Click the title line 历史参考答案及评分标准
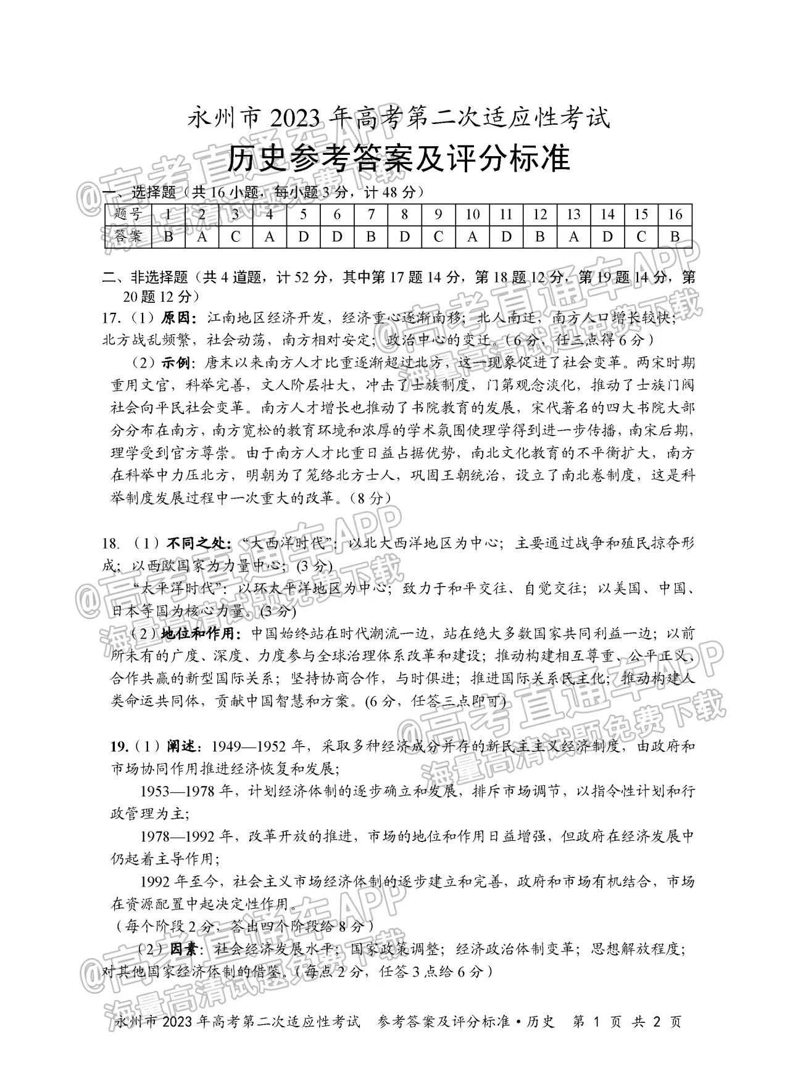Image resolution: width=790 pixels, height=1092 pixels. point(397,159)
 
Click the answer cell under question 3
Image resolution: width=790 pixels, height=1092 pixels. point(235,236)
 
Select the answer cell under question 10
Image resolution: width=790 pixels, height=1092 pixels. point(472,236)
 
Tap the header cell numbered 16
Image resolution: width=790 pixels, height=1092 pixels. point(675,215)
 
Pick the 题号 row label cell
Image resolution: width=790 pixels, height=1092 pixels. point(128,215)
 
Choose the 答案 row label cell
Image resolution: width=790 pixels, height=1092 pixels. point(128,236)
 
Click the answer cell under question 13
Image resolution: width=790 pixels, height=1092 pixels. point(573,236)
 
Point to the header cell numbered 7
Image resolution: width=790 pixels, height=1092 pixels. point(370,215)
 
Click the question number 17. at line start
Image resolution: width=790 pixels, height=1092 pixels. point(111,318)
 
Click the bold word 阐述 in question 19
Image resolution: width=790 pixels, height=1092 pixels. point(182,747)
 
